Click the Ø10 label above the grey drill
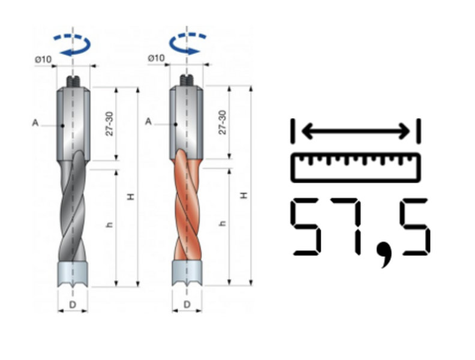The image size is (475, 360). [43, 59]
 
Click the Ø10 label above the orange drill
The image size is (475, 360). [156, 58]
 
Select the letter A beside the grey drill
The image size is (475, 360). [35, 123]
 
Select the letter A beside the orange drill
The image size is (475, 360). [148, 122]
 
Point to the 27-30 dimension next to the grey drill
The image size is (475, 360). [109, 124]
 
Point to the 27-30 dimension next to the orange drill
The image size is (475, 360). [223, 122]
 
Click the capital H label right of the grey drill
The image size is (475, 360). [131, 197]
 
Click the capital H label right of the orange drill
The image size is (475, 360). [244, 195]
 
